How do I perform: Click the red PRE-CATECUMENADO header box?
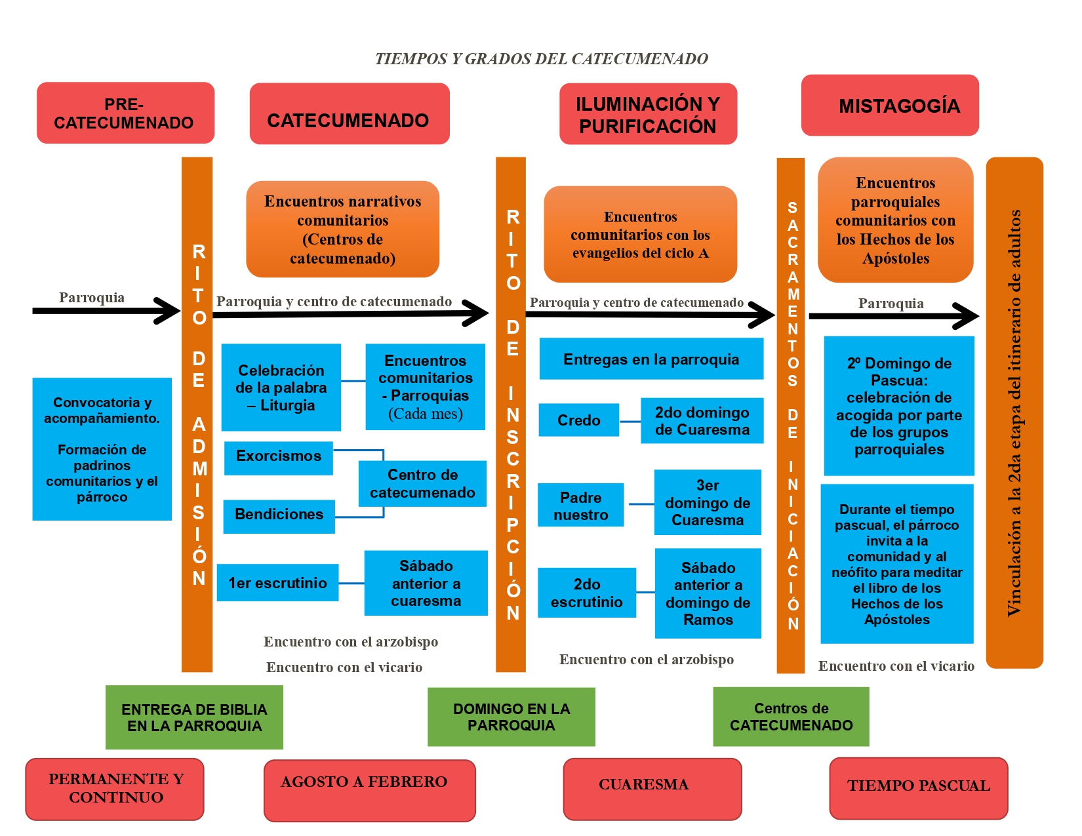pyautogui.click(x=125, y=113)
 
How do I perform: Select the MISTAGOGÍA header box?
pyautogui.click(x=889, y=105)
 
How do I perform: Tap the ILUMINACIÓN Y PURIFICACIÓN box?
pyautogui.click(x=648, y=114)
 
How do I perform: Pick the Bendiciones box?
pyautogui.click(x=279, y=517)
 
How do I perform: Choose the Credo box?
pyautogui.click(x=578, y=420)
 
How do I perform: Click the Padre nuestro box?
pyautogui.click(x=580, y=505)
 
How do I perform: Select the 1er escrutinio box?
pyautogui.click(x=277, y=582)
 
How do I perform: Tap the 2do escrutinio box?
pyautogui.click(x=586, y=593)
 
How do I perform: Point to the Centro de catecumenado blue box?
pyautogui.click(x=422, y=483)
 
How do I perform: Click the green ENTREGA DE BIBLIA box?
pyautogui.click(x=194, y=717)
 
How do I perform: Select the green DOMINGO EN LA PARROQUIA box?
pyautogui.click(x=511, y=717)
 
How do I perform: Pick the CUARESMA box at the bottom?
pyautogui.click(x=652, y=789)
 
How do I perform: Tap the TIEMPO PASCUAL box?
pyautogui.click(x=919, y=789)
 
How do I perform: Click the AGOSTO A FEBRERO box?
pyautogui.click(x=369, y=791)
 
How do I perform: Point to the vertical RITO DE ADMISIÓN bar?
pyautogui.click(x=197, y=415)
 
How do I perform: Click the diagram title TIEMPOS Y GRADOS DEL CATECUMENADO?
pyautogui.click(x=541, y=59)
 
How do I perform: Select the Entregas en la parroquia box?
pyautogui.click(x=651, y=359)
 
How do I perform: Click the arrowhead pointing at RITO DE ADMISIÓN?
pyautogui.click(x=169, y=311)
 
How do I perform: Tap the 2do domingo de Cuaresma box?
pyautogui.click(x=702, y=421)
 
